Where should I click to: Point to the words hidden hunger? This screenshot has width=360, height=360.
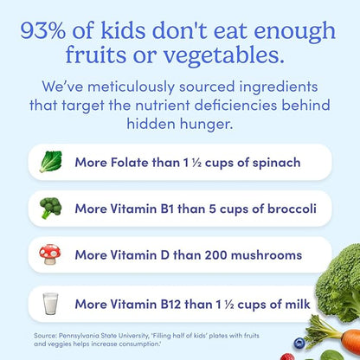tap(180, 125)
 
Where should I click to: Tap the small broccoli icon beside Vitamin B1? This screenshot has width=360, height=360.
tap(51, 209)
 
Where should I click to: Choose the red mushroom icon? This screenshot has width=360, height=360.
tap(51, 255)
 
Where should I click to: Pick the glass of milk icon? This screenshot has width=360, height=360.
tap(51, 303)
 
